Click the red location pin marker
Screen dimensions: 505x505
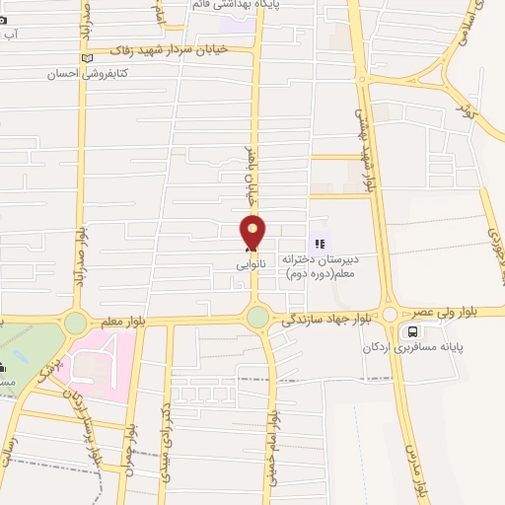[x=253, y=233]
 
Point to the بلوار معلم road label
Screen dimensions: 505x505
[x=123, y=322]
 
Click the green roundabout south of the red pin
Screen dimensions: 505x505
[x=256, y=317]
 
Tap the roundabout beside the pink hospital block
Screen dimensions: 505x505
[x=75, y=323]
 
